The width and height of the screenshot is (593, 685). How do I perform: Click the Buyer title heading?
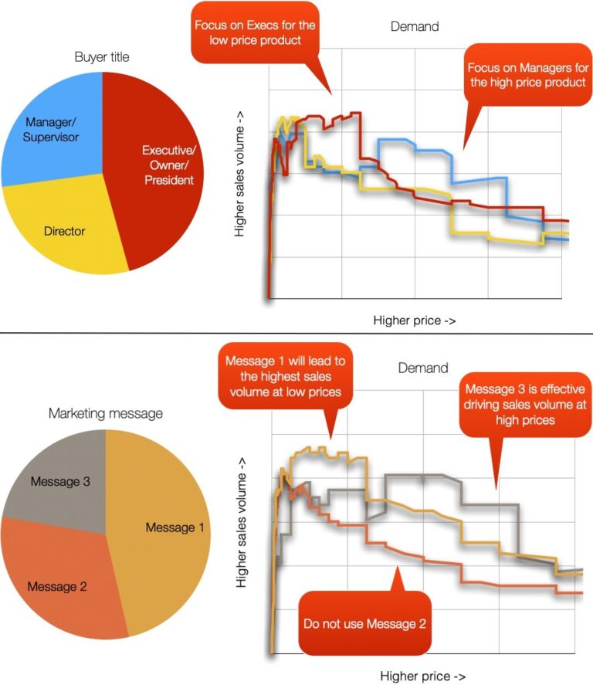(x=102, y=57)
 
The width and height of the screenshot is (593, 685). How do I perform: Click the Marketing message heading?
(x=106, y=413)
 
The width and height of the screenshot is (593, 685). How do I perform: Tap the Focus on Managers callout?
(x=527, y=74)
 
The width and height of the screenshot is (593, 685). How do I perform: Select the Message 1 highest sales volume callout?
(x=283, y=379)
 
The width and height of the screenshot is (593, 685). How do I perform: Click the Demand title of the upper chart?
(x=415, y=26)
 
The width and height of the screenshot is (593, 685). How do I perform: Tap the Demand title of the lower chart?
(x=422, y=368)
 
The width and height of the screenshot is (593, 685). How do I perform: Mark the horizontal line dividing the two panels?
(x=296, y=334)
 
